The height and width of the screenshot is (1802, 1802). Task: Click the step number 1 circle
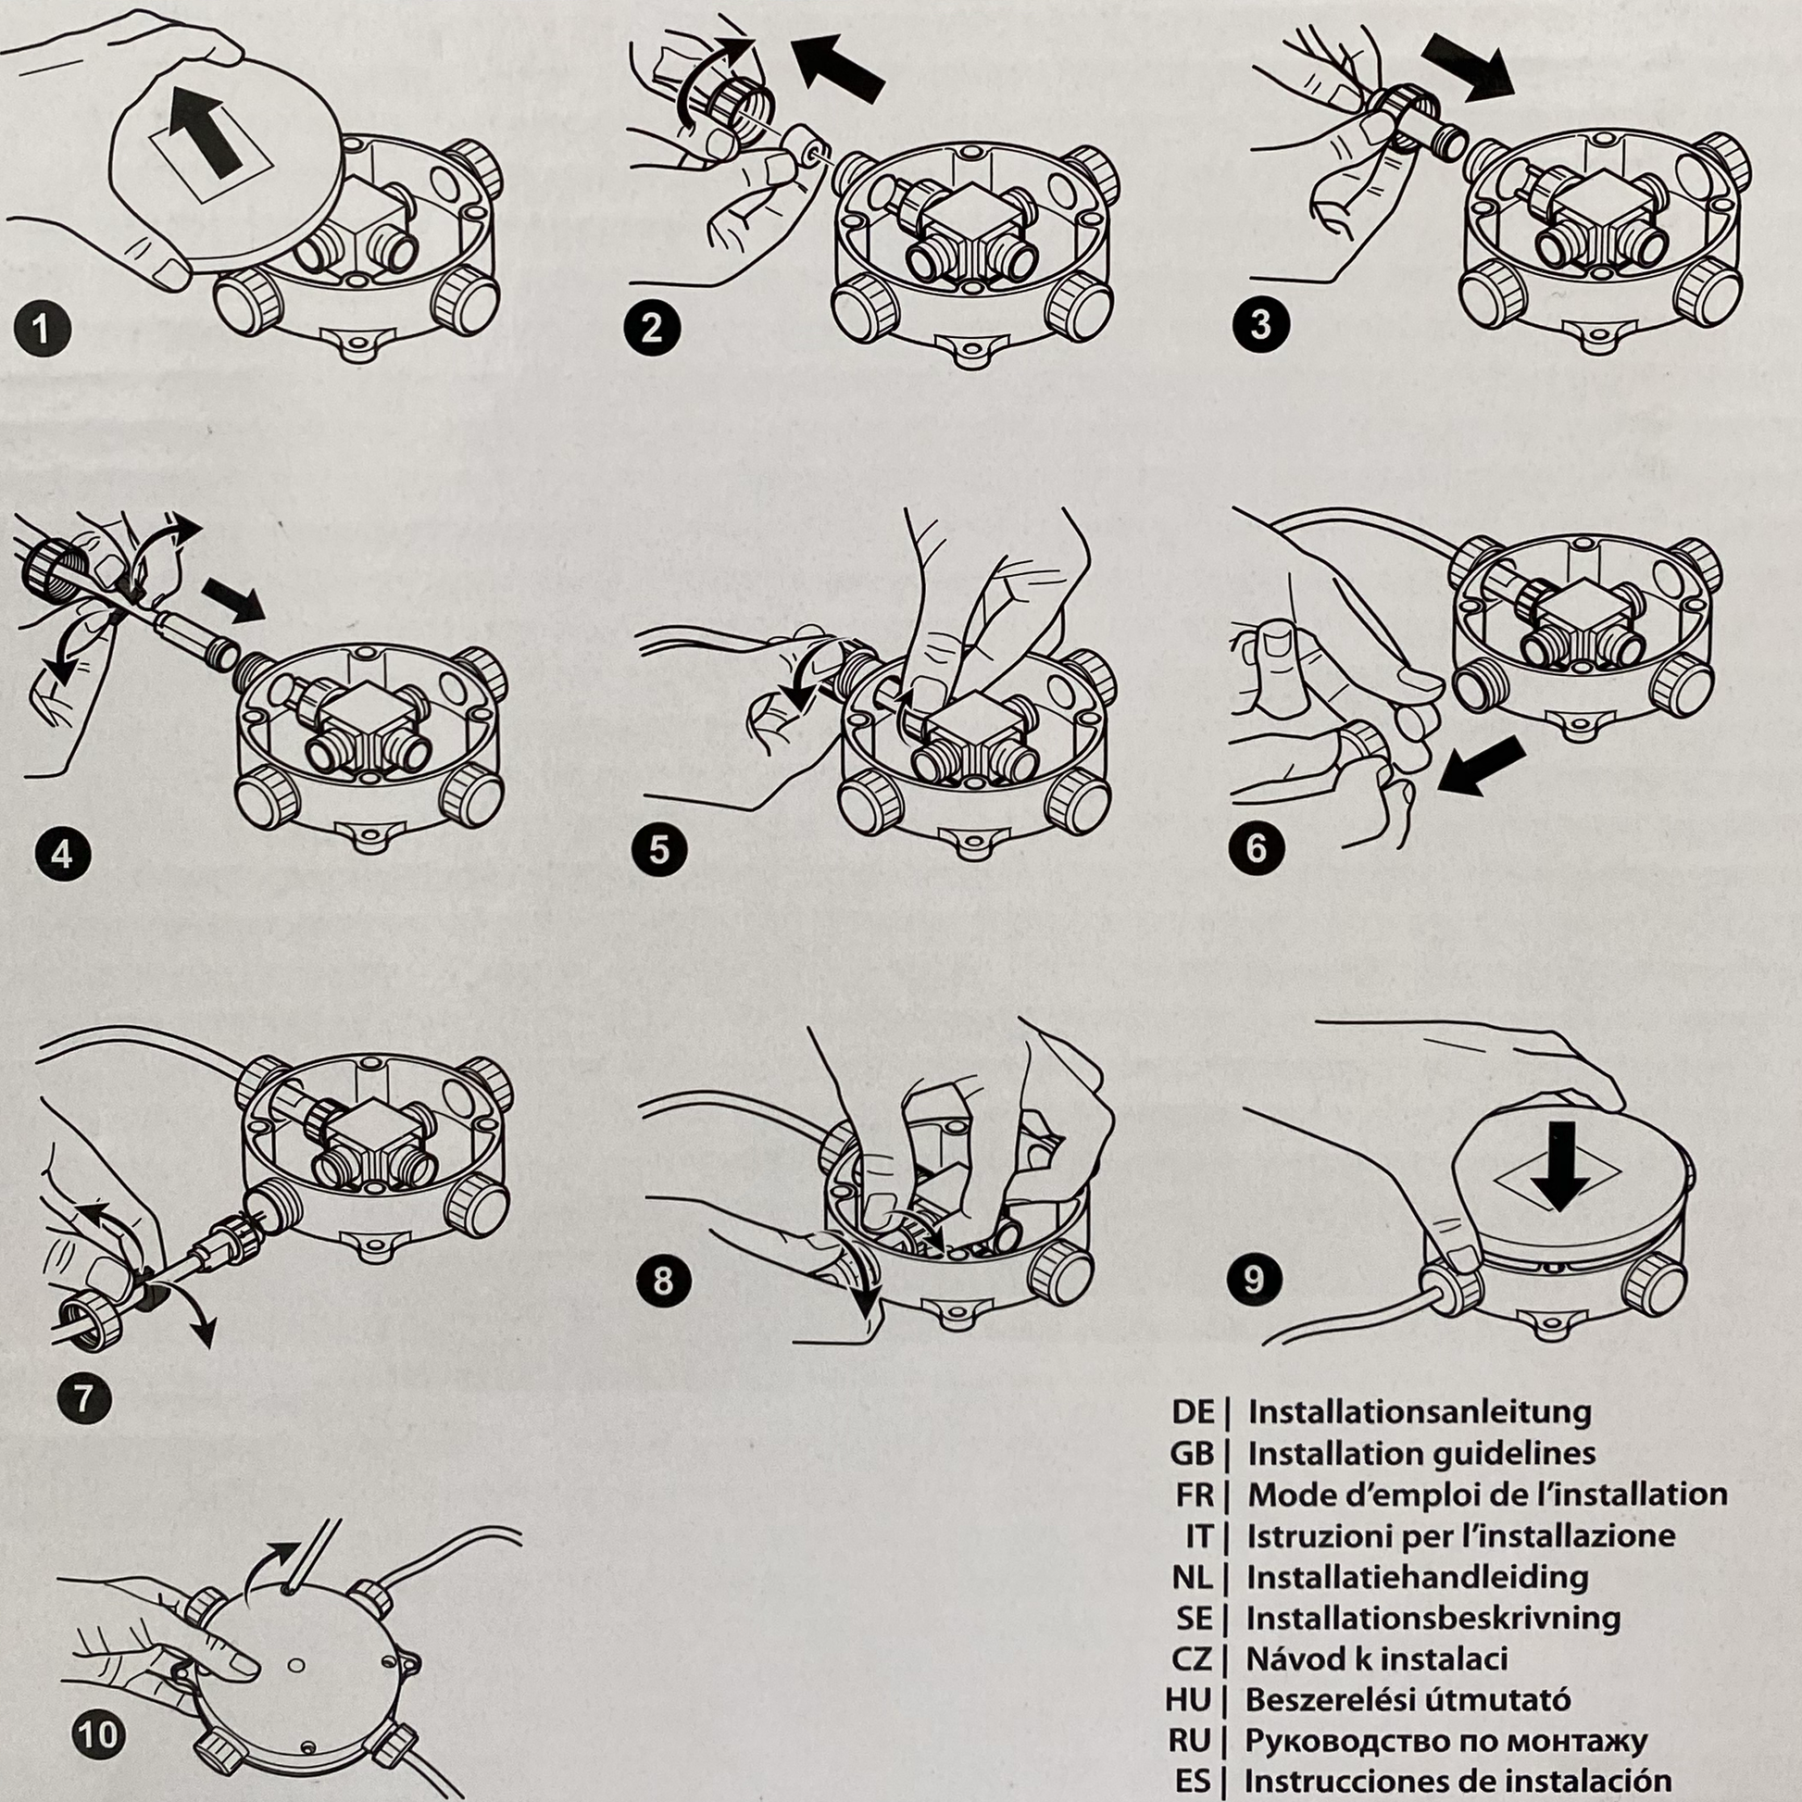tap(43, 330)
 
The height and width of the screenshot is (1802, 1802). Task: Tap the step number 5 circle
tap(658, 850)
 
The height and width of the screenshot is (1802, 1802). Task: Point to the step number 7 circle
tap(83, 1399)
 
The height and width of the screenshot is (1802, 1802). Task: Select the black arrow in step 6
tap(1482, 767)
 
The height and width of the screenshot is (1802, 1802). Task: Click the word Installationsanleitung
tap(1420, 1411)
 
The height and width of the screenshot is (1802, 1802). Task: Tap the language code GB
tap(1192, 1453)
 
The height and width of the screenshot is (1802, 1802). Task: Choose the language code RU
tap(1190, 1741)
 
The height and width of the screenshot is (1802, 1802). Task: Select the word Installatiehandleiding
tap(1418, 1576)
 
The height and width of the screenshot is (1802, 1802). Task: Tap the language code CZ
tap(1191, 1658)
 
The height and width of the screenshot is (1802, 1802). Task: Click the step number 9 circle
tap(1254, 1279)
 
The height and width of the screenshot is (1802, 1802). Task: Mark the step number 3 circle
tap(1260, 325)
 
